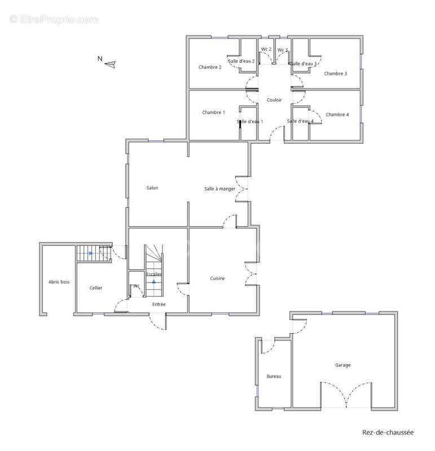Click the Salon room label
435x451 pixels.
152,188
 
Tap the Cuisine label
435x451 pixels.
217,278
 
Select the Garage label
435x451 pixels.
342,365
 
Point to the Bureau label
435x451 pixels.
274,376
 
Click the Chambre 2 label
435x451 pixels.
210,67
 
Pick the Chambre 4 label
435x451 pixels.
337,114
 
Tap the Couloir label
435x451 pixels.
274,100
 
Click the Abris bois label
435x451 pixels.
59,282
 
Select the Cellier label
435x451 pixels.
96,288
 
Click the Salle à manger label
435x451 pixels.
219,189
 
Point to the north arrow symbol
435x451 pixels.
110,64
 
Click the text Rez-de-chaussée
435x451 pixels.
388,432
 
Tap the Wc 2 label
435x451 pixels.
266,49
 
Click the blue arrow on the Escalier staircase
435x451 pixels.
153,281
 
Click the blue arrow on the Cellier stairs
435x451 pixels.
91,253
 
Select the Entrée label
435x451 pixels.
159,304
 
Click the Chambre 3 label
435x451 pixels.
335,73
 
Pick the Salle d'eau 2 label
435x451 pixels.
241,61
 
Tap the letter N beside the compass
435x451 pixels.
100,59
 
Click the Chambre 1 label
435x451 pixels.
213,112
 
